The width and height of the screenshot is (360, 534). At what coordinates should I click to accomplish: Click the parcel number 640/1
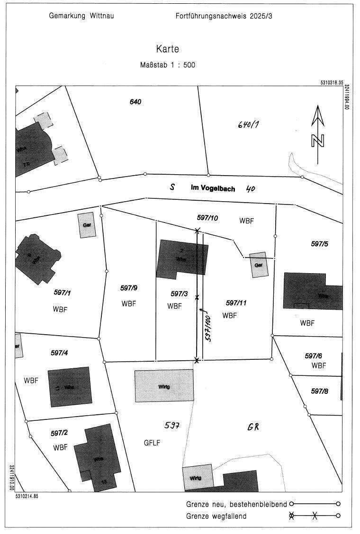(250, 125)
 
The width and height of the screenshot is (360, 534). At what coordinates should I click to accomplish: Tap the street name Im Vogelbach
(212, 188)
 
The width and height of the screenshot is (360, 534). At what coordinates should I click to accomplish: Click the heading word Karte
(168, 49)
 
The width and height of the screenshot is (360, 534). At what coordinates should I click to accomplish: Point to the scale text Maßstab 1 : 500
(168, 65)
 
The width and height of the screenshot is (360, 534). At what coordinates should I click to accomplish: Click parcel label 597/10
(207, 217)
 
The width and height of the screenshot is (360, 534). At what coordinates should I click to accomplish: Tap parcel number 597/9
(129, 288)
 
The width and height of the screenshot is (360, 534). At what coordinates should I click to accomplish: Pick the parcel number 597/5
(320, 244)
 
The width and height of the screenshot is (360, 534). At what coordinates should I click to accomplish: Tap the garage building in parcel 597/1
(87, 225)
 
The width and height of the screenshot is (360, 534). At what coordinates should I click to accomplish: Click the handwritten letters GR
(254, 427)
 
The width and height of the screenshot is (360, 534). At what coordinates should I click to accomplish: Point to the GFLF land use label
(152, 443)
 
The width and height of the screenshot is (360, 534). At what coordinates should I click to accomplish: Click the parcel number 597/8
(320, 391)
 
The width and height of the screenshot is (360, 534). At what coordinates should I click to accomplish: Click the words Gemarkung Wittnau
(81, 16)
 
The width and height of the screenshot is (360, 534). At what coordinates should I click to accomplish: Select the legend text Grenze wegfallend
(216, 516)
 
